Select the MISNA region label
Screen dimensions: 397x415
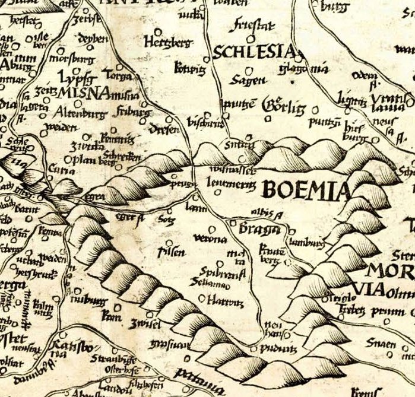[83, 93]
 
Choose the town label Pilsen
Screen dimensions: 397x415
[171, 252]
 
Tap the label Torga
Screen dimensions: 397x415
[117, 75]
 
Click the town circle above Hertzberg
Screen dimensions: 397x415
[158, 31]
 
